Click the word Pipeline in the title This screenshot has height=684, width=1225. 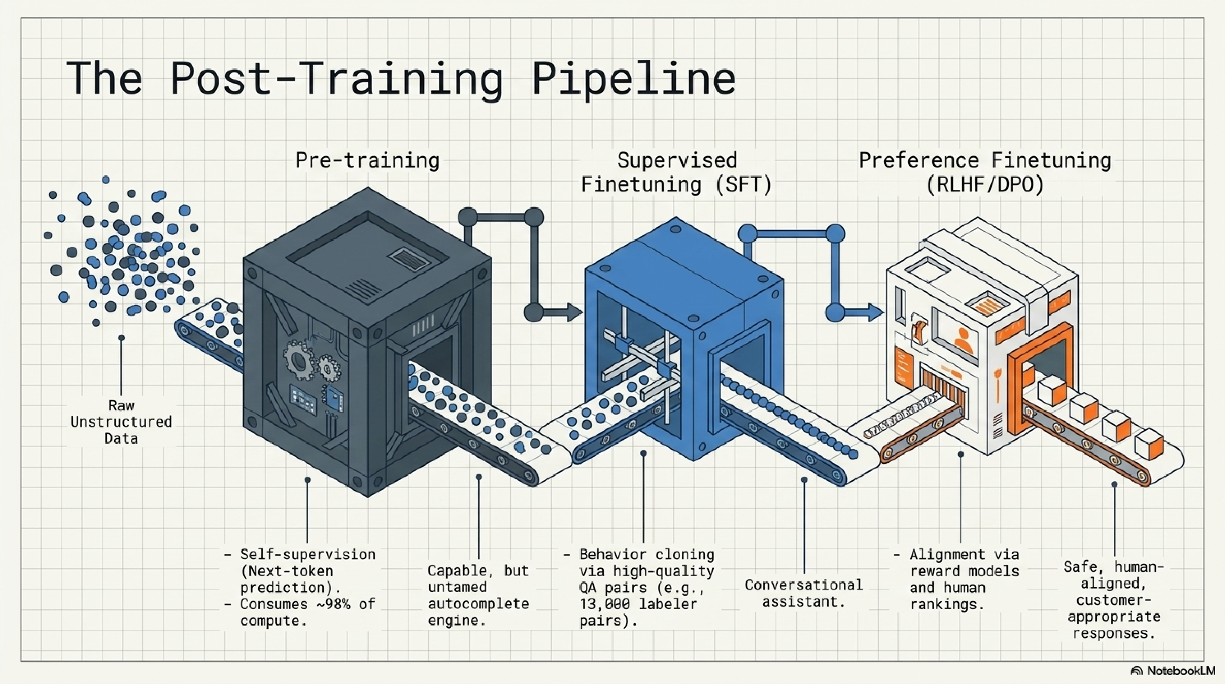(x=633, y=79)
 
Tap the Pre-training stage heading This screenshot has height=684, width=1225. (x=367, y=160)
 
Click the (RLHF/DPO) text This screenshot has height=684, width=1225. (x=984, y=185)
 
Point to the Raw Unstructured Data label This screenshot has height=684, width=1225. (x=121, y=422)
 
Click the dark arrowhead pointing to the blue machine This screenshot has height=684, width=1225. (x=574, y=313)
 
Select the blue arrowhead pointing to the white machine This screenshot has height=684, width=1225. (x=875, y=313)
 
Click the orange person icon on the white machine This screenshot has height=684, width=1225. (x=963, y=339)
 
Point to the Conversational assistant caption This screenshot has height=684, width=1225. (x=804, y=593)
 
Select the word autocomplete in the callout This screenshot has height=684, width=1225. (x=479, y=604)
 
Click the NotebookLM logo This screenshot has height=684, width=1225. (x=1174, y=671)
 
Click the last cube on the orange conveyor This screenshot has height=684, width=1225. (x=1149, y=444)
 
